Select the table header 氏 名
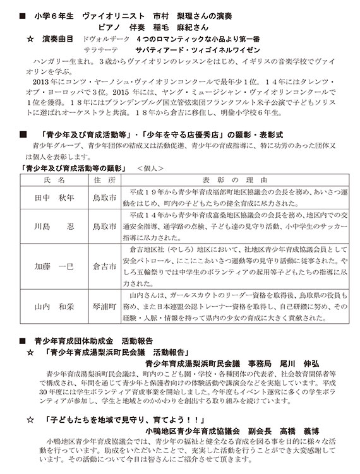pos(53,179)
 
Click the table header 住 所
pos(104,179)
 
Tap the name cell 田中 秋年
pos(54,198)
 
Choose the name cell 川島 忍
pos(54,225)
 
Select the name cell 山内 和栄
pos(54,306)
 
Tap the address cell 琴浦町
pos(104,306)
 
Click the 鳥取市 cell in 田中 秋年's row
pos(104,198)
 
